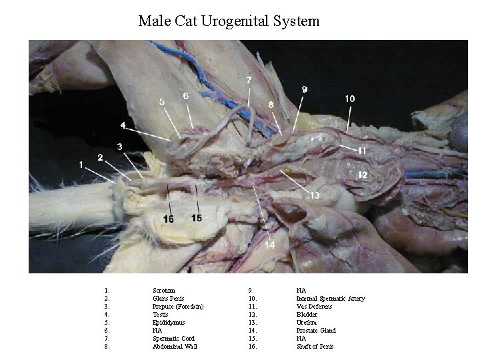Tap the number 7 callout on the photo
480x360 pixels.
tap(249, 80)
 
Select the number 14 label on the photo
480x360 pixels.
tap(270, 245)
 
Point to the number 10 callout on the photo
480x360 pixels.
tap(349, 98)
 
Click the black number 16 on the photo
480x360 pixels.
tap(168, 219)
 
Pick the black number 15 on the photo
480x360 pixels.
tap(197, 218)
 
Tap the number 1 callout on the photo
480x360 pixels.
tap(81, 163)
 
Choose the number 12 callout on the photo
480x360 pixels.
tap(363, 174)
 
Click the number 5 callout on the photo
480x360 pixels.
tap(161, 101)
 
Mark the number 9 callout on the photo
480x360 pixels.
tap(304, 88)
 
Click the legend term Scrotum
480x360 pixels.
tap(164, 291)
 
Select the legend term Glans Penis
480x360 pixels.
tap(168, 299)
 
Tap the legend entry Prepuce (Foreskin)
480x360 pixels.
tap(178, 307)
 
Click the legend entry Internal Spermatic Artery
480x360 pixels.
tap(331, 299)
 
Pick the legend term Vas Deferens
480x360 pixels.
tap(314, 307)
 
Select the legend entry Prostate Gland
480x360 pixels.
tap(316, 331)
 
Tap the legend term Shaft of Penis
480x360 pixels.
tap(315, 347)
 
